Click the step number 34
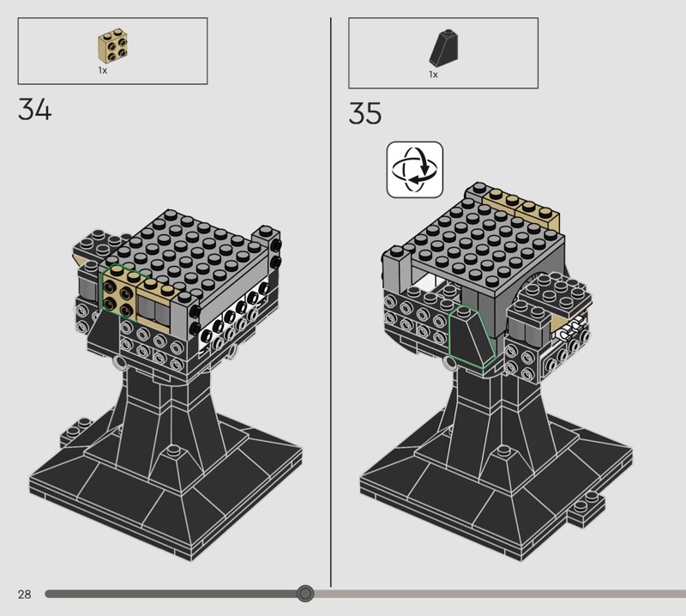pyautogui.click(x=34, y=110)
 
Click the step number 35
pyautogui.click(x=365, y=113)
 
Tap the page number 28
pyautogui.click(x=25, y=594)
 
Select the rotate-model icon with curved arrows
pyautogui.click(x=415, y=169)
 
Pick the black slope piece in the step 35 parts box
pyautogui.click(x=444, y=48)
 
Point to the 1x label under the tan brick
pyautogui.click(x=102, y=70)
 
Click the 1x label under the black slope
pyautogui.click(x=433, y=75)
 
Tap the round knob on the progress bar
pyautogui.click(x=305, y=594)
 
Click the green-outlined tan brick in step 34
pyautogui.click(x=119, y=292)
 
